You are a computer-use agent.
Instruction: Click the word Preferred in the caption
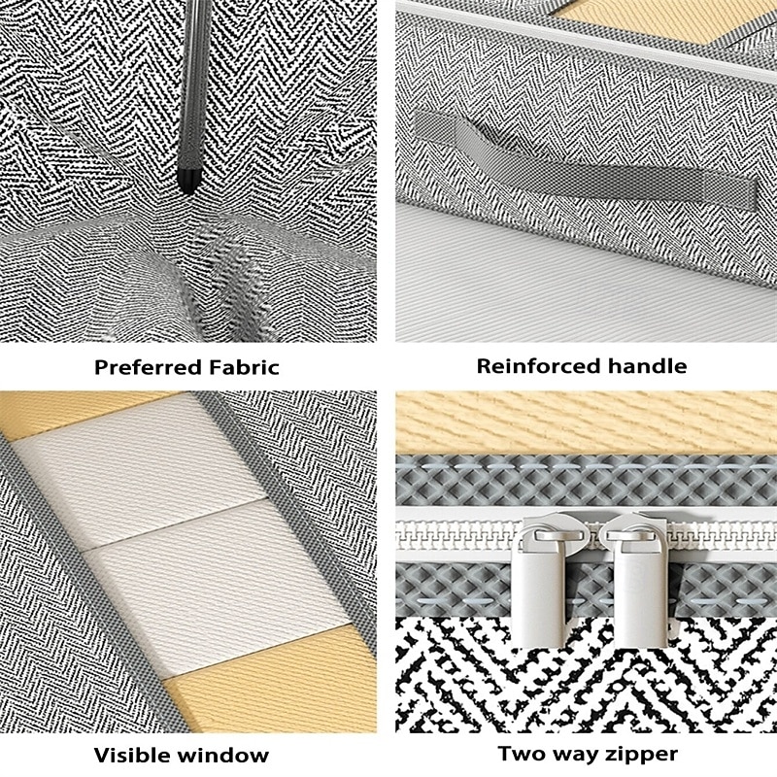pos(148,368)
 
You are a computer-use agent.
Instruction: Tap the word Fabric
pos(244,367)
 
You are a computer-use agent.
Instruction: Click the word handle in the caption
pos(647,366)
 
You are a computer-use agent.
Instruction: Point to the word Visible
pos(132,756)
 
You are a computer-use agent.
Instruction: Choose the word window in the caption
pos(223,756)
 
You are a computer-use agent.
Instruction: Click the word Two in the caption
pos(521,754)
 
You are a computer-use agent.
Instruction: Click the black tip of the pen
pos(187,182)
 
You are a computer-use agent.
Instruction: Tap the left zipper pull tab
pos(538,589)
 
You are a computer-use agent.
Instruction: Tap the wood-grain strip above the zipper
pos(586,422)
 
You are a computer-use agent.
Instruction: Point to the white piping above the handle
pos(586,41)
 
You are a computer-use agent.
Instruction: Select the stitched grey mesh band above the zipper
pos(586,481)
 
